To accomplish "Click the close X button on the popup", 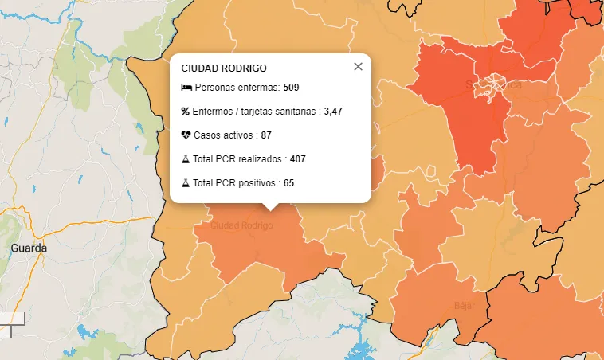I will [x=358, y=67].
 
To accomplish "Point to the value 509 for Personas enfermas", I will [x=291, y=87].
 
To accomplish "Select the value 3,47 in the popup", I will [x=333, y=112].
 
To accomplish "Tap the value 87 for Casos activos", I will [x=266, y=135].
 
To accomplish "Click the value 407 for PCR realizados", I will [x=297, y=159].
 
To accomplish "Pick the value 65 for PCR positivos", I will [x=288, y=183].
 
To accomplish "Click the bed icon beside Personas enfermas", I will [x=186, y=87].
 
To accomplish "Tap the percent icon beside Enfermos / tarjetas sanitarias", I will [x=186, y=112].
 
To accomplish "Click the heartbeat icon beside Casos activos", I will [x=186, y=135].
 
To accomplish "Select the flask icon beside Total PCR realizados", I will [x=186, y=159].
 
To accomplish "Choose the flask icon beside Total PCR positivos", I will [x=186, y=183].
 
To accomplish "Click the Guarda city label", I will [x=29, y=248].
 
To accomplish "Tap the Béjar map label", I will [x=464, y=305].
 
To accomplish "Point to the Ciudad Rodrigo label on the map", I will [x=241, y=225].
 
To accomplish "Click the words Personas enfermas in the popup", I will [x=237, y=87].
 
